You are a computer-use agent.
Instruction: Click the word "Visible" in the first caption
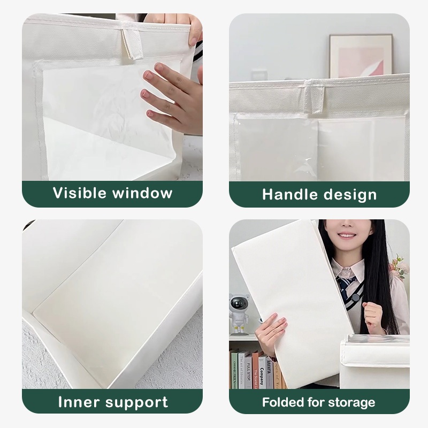pos(79,193)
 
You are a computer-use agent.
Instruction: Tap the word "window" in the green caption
pos(143,193)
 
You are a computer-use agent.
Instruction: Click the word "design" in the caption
pos(350,195)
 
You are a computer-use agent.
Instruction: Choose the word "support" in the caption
pos(137,403)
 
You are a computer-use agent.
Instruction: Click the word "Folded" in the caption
pos(283,402)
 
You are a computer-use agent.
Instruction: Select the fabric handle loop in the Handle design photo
pos(315,96)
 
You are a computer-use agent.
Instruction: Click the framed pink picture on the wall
pos(361,56)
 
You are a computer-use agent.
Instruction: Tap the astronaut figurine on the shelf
pos(239,314)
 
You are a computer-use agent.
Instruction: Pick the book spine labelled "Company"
pos(262,372)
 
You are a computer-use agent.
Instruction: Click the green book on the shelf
pos(234,371)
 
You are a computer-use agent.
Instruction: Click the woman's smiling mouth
pos(346,235)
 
